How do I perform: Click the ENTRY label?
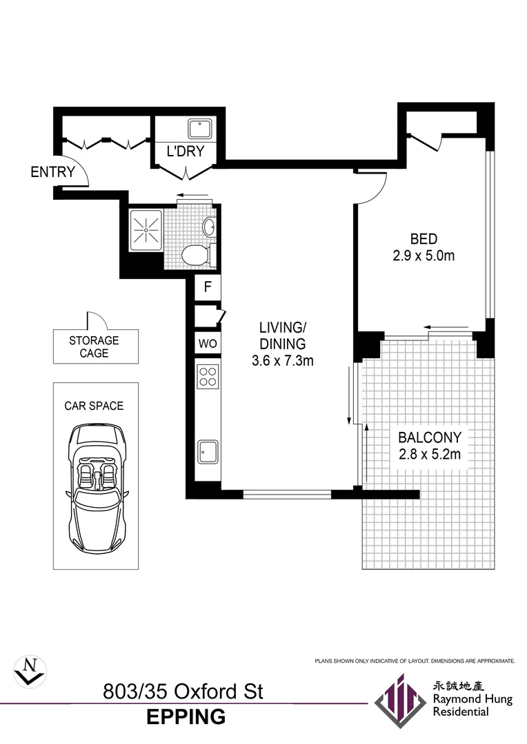coord(52,172)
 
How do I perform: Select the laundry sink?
coord(201,127)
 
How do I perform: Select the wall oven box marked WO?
coord(207,342)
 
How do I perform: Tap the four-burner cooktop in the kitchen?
coord(208,376)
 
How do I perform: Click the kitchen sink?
coord(208,452)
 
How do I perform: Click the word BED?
coord(424,239)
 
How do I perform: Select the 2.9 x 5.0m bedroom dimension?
coord(424,256)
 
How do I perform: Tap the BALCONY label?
coord(429,437)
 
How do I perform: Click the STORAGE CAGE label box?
coord(94,347)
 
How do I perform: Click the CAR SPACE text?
coord(94,406)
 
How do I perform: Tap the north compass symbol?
coord(30,669)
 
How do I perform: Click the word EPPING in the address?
coord(186,716)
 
